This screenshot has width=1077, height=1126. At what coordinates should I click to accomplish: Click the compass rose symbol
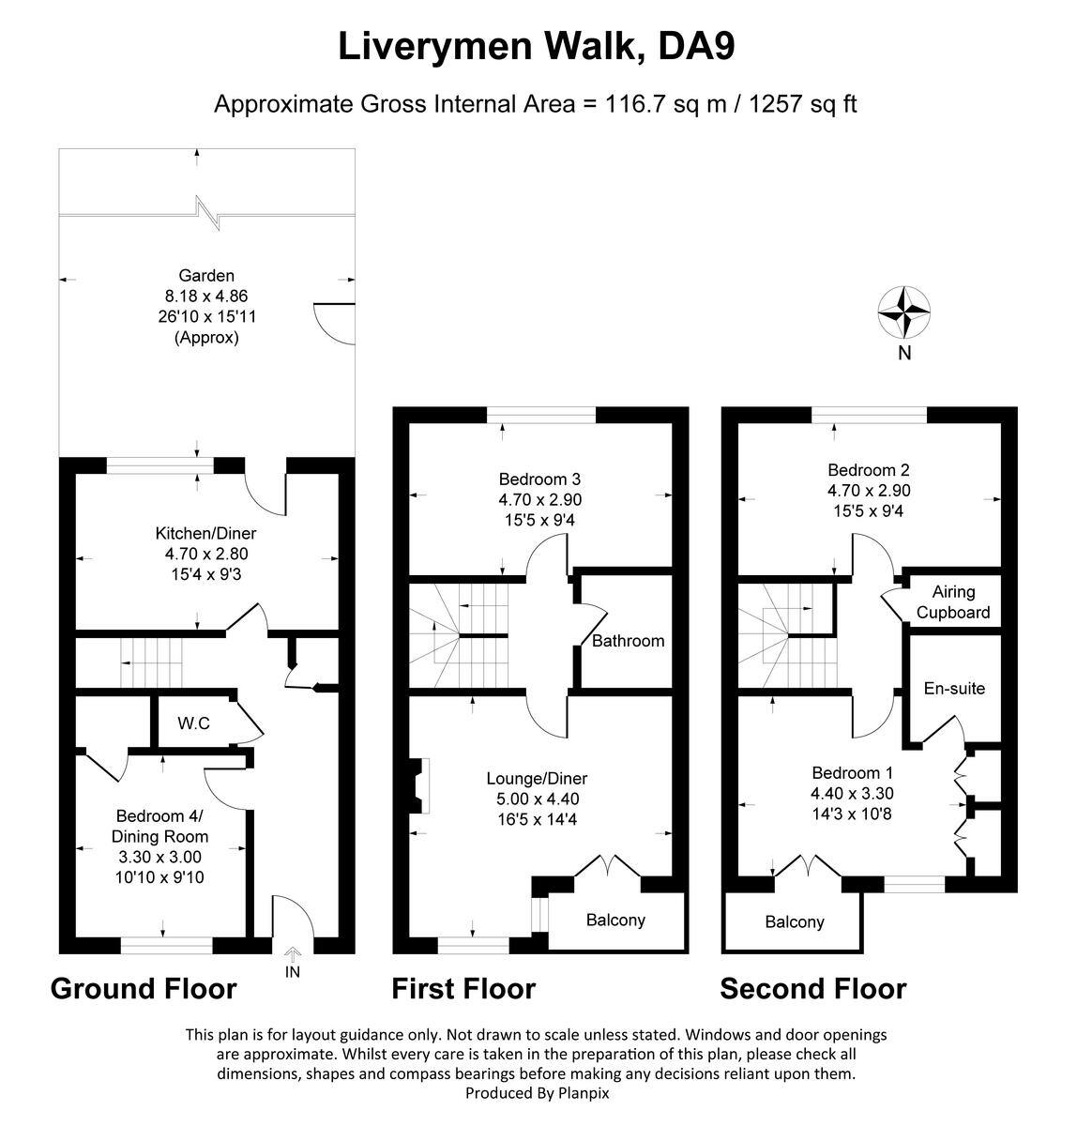(x=904, y=312)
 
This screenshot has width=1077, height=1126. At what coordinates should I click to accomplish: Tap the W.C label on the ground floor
(x=194, y=723)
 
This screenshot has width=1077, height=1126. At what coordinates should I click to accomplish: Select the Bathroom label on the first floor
(x=628, y=641)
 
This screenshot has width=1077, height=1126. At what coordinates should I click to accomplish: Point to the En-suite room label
(x=954, y=688)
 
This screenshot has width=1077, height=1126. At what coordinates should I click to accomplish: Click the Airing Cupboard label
(x=953, y=601)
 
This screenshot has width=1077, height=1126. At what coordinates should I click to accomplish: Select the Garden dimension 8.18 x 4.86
(x=206, y=296)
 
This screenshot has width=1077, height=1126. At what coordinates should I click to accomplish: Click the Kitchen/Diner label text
(x=205, y=532)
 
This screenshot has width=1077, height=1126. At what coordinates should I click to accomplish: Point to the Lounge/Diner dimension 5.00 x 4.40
(x=538, y=799)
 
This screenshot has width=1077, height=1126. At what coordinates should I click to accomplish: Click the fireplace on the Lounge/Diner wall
(x=418, y=785)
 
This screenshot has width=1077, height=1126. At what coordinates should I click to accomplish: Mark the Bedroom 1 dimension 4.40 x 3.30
(x=852, y=793)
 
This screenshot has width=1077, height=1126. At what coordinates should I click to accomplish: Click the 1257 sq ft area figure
(x=803, y=104)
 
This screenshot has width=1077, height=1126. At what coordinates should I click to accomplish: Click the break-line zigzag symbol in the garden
(x=207, y=213)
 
